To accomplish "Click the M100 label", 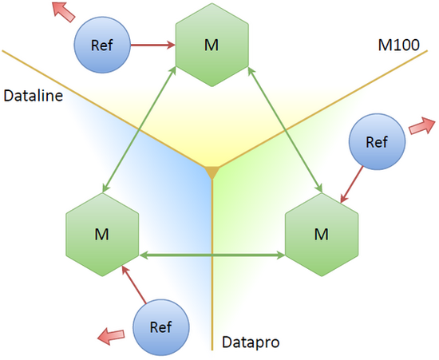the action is (x=398, y=45).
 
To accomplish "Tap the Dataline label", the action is (x=33, y=96).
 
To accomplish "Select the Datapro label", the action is (x=251, y=342).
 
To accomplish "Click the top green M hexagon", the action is (x=212, y=45).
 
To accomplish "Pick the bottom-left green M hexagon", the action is (x=102, y=235).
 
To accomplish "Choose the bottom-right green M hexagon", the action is (x=322, y=235).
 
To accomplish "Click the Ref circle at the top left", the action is (x=102, y=45).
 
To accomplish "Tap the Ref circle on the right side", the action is (x=377, y=141).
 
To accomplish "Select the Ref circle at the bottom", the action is (x=161, y=327).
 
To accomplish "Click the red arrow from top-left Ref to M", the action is (x=153, y=45).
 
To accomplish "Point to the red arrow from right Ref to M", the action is (x=352, y=184).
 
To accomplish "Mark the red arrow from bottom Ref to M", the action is (x=134, y=285).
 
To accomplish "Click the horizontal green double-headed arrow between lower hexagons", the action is (x=212, y=255).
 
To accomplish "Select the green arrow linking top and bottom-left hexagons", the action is (x=139, y=130).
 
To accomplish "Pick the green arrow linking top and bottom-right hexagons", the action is (x=285, y=130).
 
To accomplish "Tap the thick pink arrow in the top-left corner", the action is (x=64, y=11).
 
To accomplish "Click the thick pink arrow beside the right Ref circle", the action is (x=422, y=126).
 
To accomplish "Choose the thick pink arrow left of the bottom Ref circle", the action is (x=111, y=336).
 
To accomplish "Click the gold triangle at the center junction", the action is (x=212, y=172).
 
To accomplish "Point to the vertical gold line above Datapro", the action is (x=212, y=264).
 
